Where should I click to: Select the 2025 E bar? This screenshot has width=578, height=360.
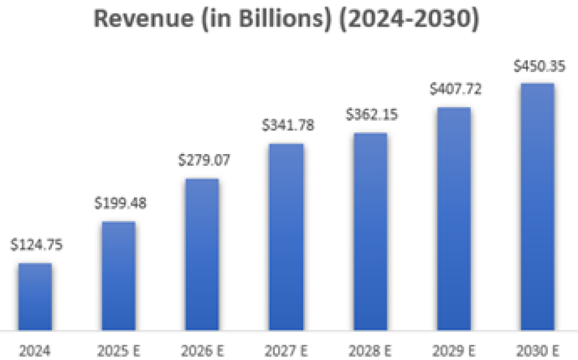click(x=118, y=276)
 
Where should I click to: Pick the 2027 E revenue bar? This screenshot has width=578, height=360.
click(x=286, y=237)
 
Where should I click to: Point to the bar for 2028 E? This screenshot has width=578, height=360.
click(x=370, y=231)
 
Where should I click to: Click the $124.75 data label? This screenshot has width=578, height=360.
click(x=37, y=244)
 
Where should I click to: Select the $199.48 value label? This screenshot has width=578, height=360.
click(x=120, y=203)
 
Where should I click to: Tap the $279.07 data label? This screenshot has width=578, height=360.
click(x=204, y=160)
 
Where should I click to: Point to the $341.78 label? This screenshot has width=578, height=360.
click(x=288, y=125)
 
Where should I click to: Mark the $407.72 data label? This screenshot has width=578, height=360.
click(x=455, y=89)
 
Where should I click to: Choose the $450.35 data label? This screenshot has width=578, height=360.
click(x=539, y=66)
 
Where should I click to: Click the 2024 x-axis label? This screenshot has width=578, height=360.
click(x=35, y=350)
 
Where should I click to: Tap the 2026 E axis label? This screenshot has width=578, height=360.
click(x=202, y=350)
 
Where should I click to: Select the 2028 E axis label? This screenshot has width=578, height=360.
click(x=370, y=350)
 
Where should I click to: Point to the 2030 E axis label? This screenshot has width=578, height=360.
click(x=538, y=350)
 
